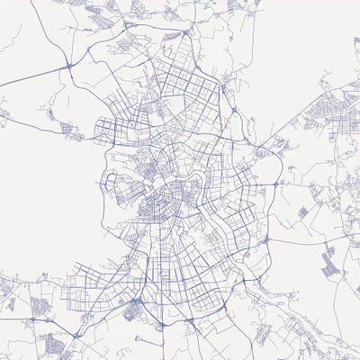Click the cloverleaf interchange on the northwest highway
[x=69, y=66]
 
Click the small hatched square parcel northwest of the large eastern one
[x=302, y=211]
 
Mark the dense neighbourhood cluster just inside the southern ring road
[x=132, y=311]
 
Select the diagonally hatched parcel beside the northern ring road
[x=171, y=36]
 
